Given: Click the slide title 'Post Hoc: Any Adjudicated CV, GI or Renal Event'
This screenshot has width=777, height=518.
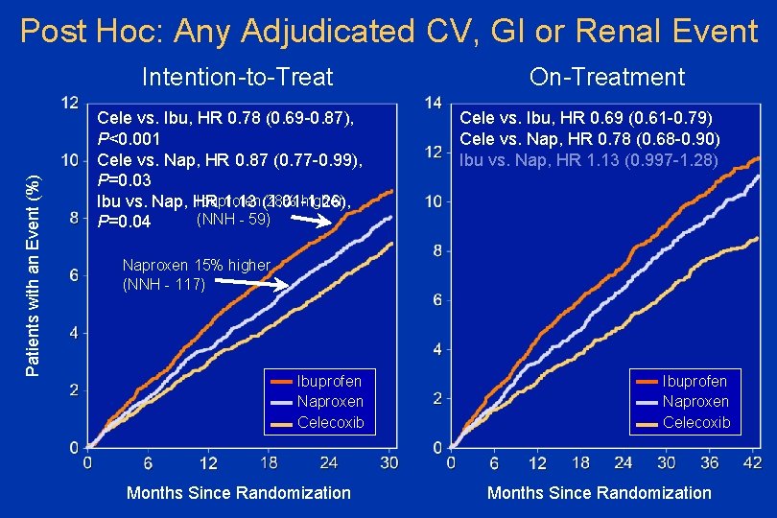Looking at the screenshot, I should click(388, 31).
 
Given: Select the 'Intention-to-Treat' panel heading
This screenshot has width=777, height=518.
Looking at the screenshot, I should click(237, 77).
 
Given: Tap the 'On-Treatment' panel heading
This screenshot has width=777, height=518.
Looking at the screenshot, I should click(599, 77).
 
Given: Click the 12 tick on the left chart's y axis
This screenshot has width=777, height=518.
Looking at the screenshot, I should click(69, 103).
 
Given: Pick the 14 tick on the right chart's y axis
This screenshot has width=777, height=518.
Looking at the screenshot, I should click(433, 103).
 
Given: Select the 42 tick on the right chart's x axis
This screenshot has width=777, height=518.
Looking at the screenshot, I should click(753, 463).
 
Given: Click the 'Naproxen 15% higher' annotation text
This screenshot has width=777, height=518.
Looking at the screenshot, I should click(197, 265).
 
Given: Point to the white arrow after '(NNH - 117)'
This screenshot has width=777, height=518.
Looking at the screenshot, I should click(251, 284).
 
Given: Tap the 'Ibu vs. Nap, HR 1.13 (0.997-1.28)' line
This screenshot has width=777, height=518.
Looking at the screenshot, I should click(588, 159).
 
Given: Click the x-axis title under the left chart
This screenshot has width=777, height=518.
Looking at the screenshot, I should click(239, 493).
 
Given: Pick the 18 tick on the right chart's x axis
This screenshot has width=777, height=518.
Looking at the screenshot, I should click(580, 463).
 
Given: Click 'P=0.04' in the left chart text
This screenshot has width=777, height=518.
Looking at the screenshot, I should click(125, 223).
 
